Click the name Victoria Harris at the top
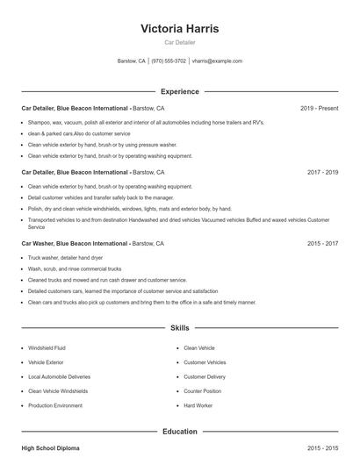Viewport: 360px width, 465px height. [179, 28]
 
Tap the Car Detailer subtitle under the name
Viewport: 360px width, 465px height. [179, 42]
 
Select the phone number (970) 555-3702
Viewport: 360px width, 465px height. [169, 61]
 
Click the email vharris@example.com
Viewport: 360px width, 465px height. [217, 61]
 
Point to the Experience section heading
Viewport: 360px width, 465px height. [179, 91]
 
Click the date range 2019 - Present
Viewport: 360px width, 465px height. [319, 108]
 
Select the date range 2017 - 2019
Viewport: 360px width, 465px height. [322, 173]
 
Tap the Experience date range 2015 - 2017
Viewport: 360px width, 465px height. [322, 243]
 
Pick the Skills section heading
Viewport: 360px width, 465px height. [179, 328]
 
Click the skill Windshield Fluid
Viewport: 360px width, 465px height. [47, 348]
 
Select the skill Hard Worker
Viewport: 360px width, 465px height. [198, 406]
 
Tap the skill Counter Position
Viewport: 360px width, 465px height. [202, 391]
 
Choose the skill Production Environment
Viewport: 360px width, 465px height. [54, 406]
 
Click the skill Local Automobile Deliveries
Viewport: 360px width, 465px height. [58, 377]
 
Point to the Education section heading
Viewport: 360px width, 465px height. [179, 432]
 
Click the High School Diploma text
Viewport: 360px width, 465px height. [50, 448]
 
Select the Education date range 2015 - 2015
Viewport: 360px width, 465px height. [322, 448]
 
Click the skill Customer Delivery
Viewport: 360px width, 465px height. [205, 377]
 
